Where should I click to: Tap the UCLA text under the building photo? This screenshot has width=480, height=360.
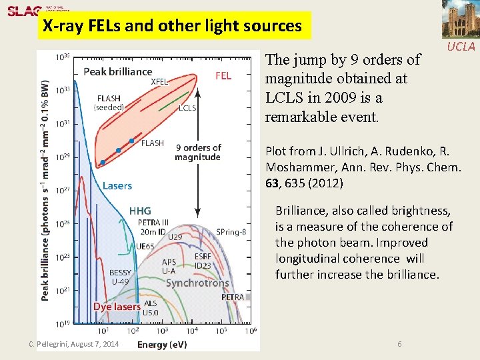(x=461, y=47)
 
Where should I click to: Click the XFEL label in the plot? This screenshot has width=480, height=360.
(x=159, y=82)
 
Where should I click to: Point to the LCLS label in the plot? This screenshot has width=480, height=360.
(x=187, y=107)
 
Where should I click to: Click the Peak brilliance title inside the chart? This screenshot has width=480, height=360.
(x=117, y=71)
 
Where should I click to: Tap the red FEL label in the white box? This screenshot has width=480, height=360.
(x=223, y=76)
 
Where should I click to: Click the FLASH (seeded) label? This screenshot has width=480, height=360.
(x=109, y=103)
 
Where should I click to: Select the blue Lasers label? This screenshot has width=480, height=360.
(x=117, y=185)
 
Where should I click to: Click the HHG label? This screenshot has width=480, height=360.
(x=140, y=211)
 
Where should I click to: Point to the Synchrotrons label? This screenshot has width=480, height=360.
(x=197, y=283)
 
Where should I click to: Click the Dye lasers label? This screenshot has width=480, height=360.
(x=117, y=306)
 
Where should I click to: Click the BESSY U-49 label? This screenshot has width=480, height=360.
(x=121, y=277)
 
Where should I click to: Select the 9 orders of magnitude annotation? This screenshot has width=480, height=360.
(x=197, y=152)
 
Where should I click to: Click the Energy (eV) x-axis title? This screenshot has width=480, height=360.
(x=162, y=344)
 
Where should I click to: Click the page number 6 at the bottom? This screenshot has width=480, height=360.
(x=399, y=343)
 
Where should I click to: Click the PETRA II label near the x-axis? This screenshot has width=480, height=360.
(x=236, y=297)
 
